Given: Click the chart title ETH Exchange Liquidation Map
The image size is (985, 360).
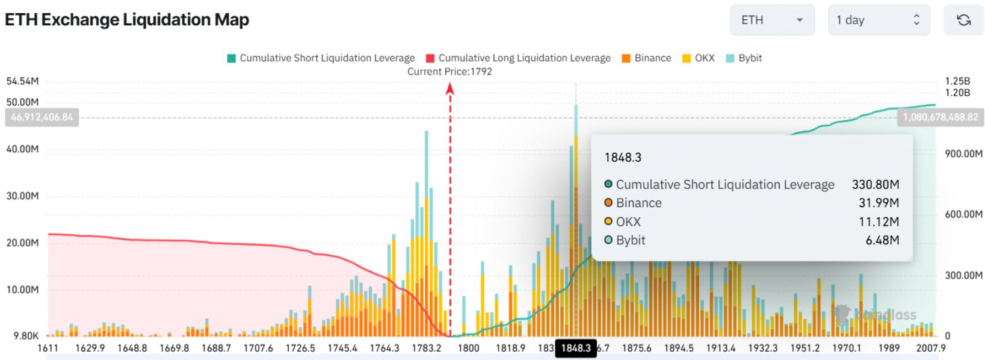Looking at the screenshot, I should [127, 20].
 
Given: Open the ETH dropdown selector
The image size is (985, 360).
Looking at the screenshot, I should [772, 20].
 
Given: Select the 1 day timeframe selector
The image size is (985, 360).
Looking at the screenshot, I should [878, 20].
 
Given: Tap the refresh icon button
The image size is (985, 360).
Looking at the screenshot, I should [963, 20].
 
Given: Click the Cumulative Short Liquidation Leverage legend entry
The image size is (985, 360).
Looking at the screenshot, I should [321, 58].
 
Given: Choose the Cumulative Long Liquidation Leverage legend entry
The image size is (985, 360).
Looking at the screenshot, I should [518, 58].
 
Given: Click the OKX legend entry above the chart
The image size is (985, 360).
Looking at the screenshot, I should [699, 58].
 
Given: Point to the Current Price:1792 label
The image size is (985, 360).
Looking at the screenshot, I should [449, 72].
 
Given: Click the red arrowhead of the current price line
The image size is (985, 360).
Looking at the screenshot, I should [449, 89].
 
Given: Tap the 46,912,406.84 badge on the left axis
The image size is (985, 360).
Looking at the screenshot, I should [42, 117].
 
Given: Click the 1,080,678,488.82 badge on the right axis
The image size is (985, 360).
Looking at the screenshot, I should [940, 117].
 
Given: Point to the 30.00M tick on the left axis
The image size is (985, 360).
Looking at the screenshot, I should [23, 196].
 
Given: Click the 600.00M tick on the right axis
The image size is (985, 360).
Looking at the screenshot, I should [963, 214].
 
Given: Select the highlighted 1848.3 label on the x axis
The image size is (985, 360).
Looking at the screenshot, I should [576, 348].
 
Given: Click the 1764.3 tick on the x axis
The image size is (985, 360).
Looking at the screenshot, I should [384, 348].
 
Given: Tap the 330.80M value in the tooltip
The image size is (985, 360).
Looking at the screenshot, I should [875, 185].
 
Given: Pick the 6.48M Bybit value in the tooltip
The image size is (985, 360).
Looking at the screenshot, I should [882, 240].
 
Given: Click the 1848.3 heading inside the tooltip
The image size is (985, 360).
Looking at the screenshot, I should [623, 158].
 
